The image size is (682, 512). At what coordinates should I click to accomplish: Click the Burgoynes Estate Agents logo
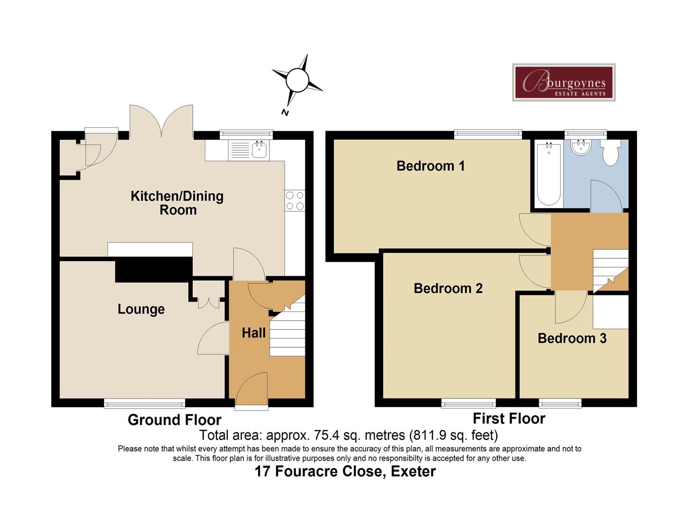(564, 82)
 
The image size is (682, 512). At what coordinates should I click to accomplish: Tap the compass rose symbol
(297, 80)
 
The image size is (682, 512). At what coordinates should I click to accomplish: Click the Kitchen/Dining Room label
(177, 203)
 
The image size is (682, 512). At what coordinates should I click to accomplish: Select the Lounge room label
(141, 309)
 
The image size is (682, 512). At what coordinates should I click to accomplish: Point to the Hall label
(253, 333)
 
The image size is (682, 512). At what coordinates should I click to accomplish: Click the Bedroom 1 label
(430, 166)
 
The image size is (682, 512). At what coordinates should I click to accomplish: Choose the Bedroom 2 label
(448, 288)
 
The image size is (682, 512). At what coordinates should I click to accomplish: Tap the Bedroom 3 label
(572, 338)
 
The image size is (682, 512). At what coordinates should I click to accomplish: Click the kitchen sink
(259, 150)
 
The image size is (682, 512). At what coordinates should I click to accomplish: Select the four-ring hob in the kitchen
(294, 200)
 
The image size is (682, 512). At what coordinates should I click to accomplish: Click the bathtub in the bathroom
(548, 174)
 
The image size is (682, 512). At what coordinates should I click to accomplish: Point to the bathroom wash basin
(580, 148)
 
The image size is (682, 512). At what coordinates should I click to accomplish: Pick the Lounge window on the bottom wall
(144, 403)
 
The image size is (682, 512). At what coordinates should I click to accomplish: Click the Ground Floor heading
(174, 420)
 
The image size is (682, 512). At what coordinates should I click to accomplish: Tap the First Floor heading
(509, 419)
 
